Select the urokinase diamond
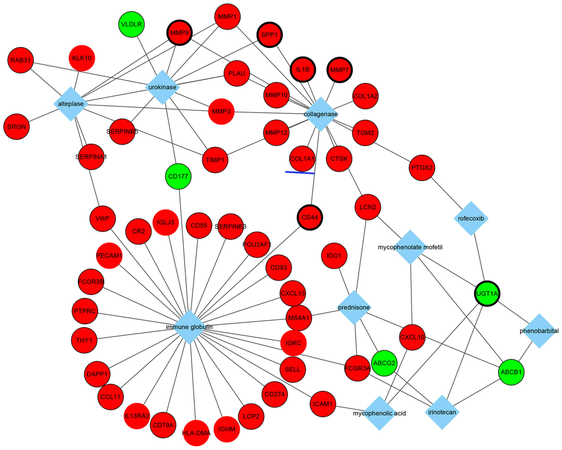click(162, 87)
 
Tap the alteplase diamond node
click(71, 104)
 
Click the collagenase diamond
click(321, 114)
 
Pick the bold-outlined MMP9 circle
click(179, 33)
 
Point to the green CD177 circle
click(178, 176)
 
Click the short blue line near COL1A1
click(300, 172)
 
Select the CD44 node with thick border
click(310, 217)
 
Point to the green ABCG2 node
click(384, 363)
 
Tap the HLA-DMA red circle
click(196, 433)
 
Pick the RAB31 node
click(21, 60)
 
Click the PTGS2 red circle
click(422, 168)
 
